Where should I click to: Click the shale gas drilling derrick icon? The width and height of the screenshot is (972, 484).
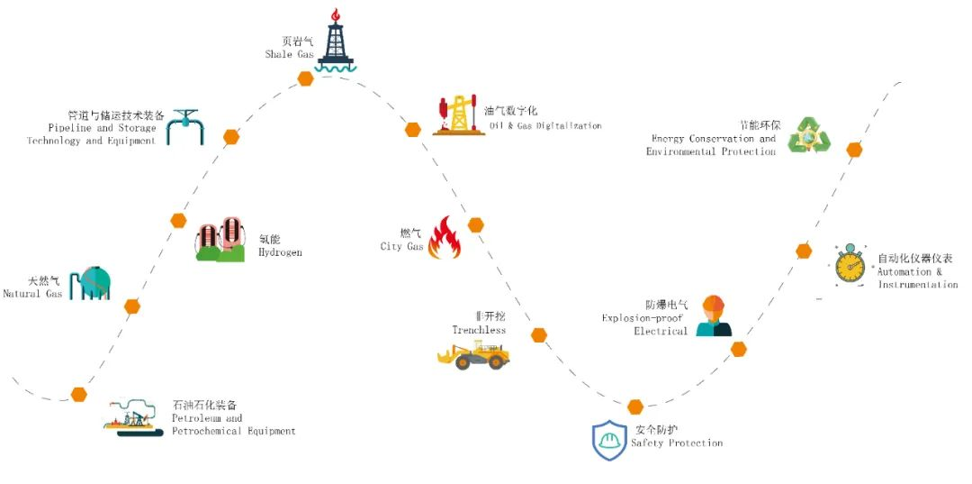click(x=337, y=41)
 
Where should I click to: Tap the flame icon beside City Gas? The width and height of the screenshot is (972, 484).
click(x=444, y=238)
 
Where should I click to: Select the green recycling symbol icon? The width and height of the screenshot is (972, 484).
click(x=809, y=135)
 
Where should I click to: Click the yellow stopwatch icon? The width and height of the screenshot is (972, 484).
click(x=850, y=265)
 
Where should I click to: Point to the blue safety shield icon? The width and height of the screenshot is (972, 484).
click(x=609, y=441)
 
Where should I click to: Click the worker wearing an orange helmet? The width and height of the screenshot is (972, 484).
click(x=714, y=315)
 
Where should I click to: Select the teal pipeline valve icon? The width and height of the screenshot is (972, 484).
click(x=186, y=125)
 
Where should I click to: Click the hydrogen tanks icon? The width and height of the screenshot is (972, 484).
click(x=220, y=240)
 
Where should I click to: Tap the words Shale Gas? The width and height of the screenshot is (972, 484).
click(x=290, y=54)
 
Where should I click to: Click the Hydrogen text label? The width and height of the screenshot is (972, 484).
click(x=280, y=252)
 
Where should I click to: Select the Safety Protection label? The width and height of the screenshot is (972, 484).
click(x=677, y=443)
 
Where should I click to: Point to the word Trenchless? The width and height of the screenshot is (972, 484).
click(x=479, y=330)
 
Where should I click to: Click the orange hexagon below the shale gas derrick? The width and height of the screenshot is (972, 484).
click(x=306, y=78)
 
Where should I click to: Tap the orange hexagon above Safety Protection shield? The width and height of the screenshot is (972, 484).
click(x=635, y=406)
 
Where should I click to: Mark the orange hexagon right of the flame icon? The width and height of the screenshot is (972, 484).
click(x=476, y=224)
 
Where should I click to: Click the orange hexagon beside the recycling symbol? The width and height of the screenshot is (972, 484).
click(x=854, y=150)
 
